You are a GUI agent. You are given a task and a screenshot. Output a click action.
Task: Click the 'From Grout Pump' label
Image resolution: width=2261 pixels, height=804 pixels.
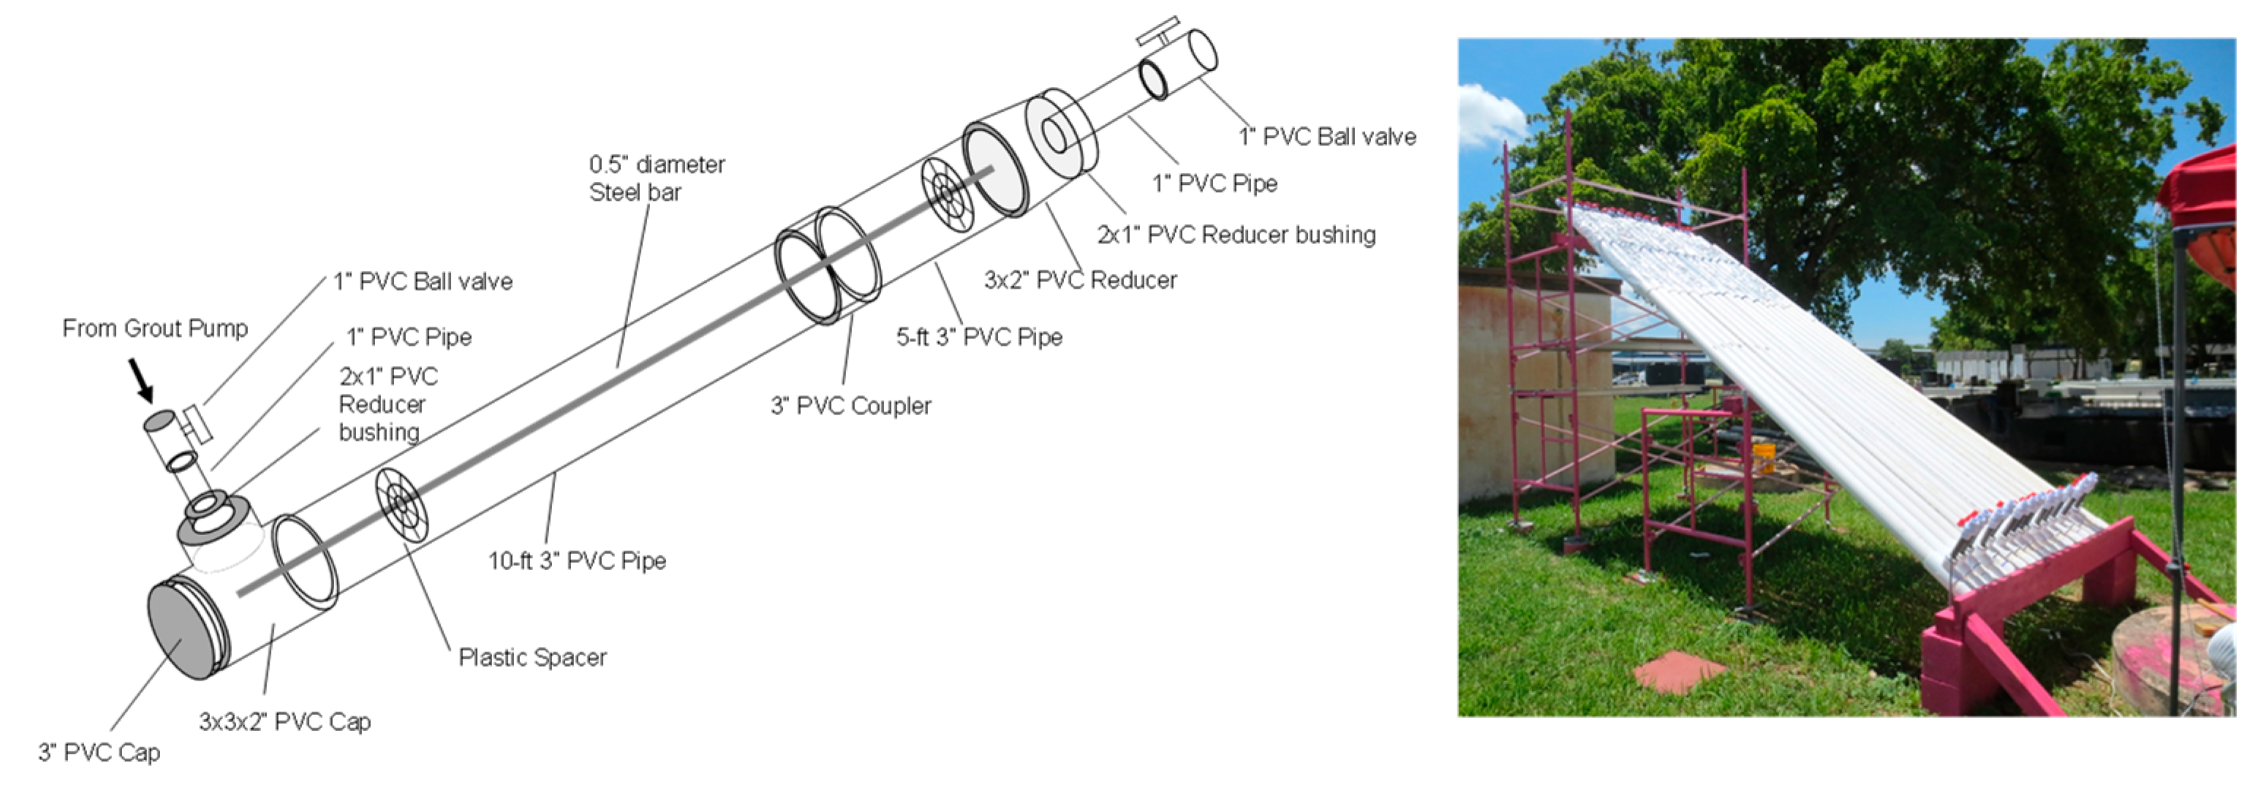click(x=154, y=328)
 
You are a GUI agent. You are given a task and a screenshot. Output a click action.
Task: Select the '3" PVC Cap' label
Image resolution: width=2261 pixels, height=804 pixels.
click(x=99, y=752)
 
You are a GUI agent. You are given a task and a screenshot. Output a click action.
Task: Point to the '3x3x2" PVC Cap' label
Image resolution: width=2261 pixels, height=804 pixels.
click(x=284, y=721)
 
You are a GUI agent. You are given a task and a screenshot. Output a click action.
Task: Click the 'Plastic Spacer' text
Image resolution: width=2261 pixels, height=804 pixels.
click(x=532, y=657)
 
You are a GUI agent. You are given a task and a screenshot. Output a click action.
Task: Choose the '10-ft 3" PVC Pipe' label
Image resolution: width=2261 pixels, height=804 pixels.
click(x=577, y=561)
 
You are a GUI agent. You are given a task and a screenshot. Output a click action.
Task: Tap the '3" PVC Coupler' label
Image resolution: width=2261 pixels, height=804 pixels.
click(x=850, y=406)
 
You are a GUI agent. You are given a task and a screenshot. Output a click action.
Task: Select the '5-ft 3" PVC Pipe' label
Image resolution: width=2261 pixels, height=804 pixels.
click(x=978, y=337)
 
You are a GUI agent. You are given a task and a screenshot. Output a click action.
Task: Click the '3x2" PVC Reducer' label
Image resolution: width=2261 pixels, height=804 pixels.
click(x=1079, y=280)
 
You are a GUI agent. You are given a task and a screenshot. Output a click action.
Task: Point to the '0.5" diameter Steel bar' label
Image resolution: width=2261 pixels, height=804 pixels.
click(x=657, y=178)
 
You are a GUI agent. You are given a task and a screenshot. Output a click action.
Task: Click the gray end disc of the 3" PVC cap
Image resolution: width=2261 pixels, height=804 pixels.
click(x=181, y=630)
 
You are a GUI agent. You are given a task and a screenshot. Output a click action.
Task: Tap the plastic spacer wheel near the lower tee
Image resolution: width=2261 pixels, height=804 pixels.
click(x=403, y=503)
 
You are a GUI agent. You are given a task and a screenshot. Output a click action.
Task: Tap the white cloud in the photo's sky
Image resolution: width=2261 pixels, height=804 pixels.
click(x=1490, y=114)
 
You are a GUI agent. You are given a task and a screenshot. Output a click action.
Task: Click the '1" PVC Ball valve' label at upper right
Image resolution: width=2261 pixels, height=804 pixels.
click(x=1326, y=137)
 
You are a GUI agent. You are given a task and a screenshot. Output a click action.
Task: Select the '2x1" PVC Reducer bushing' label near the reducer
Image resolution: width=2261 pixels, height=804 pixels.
click(x=1236, y=235)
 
